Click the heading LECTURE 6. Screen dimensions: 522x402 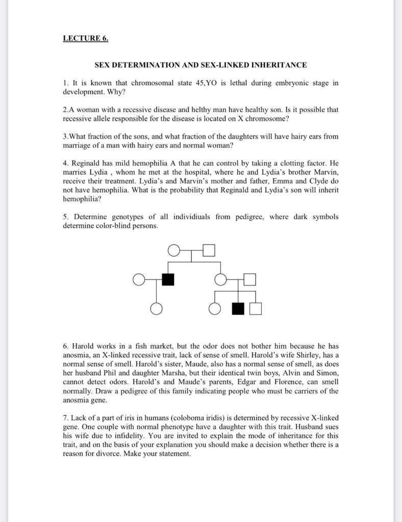85,38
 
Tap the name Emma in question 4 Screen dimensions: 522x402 287,181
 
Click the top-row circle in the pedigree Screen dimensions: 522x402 174,250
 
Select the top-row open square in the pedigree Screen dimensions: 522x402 209,250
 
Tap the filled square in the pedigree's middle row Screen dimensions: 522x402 168,279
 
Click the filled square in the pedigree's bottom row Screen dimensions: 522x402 238,308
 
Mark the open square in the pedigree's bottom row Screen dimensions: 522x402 256,308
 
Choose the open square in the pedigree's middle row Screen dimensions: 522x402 249,279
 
